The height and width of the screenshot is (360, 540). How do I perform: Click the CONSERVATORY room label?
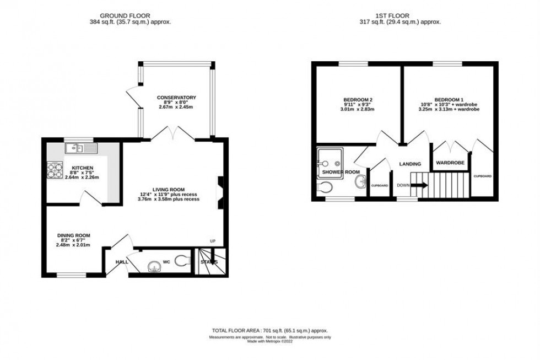(176, 98)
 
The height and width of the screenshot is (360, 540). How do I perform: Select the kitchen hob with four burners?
(56, 170)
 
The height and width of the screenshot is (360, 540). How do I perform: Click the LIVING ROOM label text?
(168, 189)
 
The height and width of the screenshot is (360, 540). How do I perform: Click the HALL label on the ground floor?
(121, 262)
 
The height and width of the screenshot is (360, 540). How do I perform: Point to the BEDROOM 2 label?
(358, 99)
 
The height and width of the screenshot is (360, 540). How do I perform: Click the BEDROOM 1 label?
(449, 99)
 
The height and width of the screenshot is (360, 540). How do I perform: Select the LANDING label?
(411, 164)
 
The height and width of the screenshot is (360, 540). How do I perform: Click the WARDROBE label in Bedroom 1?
(450, 163)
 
